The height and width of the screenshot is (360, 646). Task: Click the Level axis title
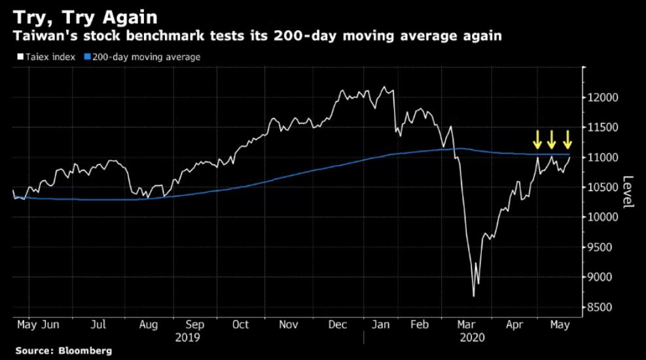coord(628,192)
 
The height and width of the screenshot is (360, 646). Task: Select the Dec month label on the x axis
coord(338,324)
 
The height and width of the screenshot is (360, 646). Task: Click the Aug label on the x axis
coord(148,324)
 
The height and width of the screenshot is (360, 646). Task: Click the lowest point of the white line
coord(473,297)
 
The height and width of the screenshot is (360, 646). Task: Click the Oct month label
coord(240,324)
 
